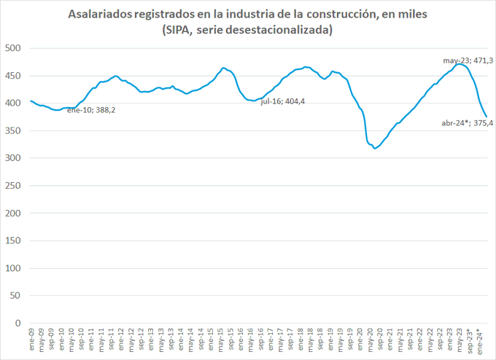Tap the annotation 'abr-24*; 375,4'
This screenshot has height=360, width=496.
(467, 124)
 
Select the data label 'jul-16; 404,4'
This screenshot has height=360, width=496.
(283, 101)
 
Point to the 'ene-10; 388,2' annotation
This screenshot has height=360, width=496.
(90, 110)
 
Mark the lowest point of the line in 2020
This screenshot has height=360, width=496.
(375, 148)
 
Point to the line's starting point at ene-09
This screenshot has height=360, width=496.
(31, 101)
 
